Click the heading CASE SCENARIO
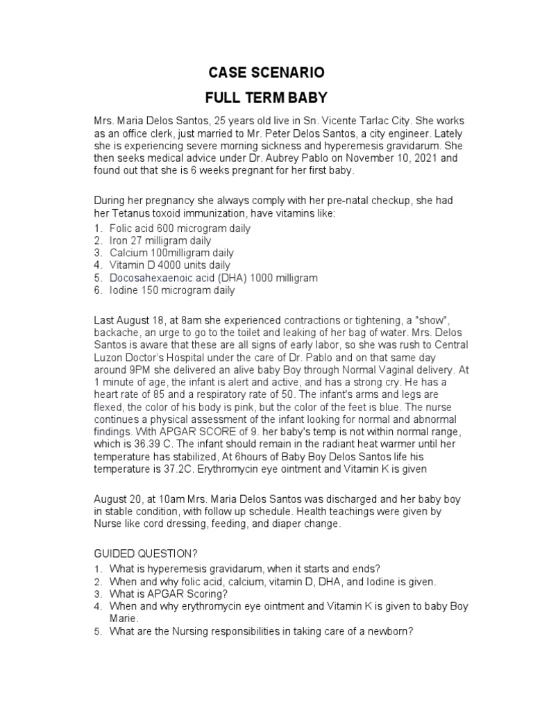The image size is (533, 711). click(267, 72)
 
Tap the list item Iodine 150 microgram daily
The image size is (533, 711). click(171, 290)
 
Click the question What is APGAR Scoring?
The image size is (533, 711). click(168, 593)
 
